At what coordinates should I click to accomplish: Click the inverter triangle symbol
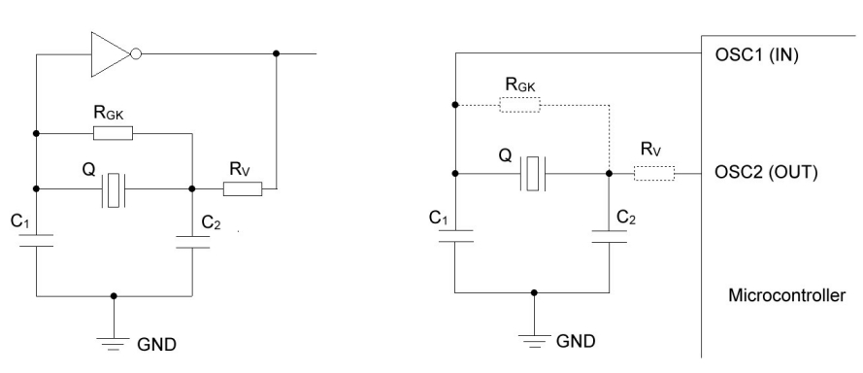click(110, 54)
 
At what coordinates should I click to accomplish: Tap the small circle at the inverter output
click(136, 54)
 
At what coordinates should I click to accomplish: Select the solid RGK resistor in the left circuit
click(113, 133)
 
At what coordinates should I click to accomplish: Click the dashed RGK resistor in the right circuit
click(519, 105)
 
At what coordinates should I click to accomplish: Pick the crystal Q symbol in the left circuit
click(114, 190)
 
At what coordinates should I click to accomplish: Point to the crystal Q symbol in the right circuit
click(532, 174)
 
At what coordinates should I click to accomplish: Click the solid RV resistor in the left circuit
click(243, 189)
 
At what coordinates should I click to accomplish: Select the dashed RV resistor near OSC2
click(654, 174)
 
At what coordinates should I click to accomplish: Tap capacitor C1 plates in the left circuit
click(36, 240)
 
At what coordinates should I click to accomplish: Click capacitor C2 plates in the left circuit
click(192, 243)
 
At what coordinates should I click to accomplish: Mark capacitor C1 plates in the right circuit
click(455, 236)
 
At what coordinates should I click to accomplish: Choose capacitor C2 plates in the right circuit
click(610, 237)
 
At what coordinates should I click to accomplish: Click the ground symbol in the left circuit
click(114, 344)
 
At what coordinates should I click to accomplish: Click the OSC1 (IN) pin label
click(756, 55)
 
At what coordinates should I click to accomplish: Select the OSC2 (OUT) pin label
click(766, 173)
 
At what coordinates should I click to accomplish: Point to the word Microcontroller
click(786, 295)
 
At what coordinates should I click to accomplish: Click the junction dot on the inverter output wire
click(277, 53)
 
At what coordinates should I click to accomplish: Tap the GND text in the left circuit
click(157, 345)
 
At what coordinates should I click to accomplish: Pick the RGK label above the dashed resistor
click(520, 85)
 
